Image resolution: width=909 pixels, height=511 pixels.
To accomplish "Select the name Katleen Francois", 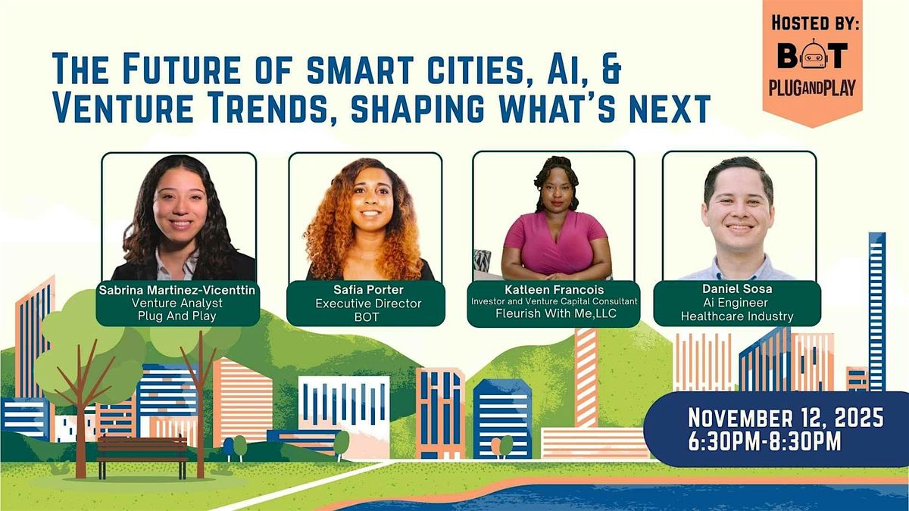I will click(x=553, y=288).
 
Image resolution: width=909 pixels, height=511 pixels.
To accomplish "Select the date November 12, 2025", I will click(x=786, y=416).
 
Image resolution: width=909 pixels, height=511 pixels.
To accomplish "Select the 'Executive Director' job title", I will click(x=367, y=304).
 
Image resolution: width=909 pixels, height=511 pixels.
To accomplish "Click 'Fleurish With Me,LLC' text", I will click(x=553, y=313).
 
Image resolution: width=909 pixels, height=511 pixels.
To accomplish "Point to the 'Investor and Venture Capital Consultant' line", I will click(x=553, y=301).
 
